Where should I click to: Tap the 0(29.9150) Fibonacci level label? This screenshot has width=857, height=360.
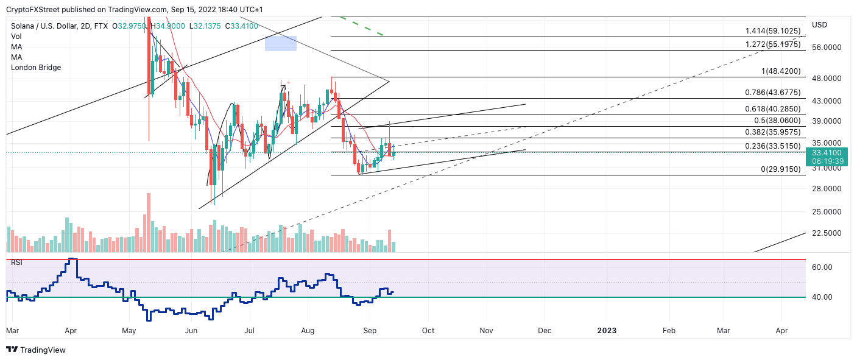tap(781, 169)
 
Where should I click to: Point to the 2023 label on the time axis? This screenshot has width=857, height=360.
tap(607, 330)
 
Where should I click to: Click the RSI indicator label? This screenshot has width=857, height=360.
tap(18, 263)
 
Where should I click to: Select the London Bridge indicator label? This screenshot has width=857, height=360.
tap(36, 68)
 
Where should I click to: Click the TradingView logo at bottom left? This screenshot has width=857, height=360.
tap(36, 350)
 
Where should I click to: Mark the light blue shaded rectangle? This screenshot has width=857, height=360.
tap(280, 43)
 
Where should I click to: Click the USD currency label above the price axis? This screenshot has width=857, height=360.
tap(819, 25)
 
